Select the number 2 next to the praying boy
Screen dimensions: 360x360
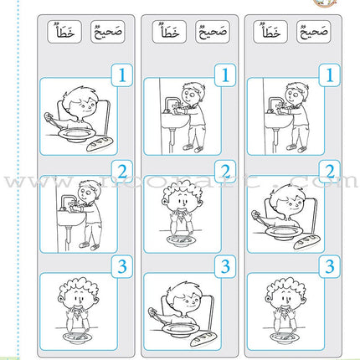pyautogui.click(x=224, y=173)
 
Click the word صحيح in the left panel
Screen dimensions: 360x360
pyautogui.click(x=105, y=33)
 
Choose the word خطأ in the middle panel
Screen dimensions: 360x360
pyautogui.click(x=164, y=33)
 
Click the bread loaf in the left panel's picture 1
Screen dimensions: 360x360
pyautogui.click(x=93, y=147)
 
